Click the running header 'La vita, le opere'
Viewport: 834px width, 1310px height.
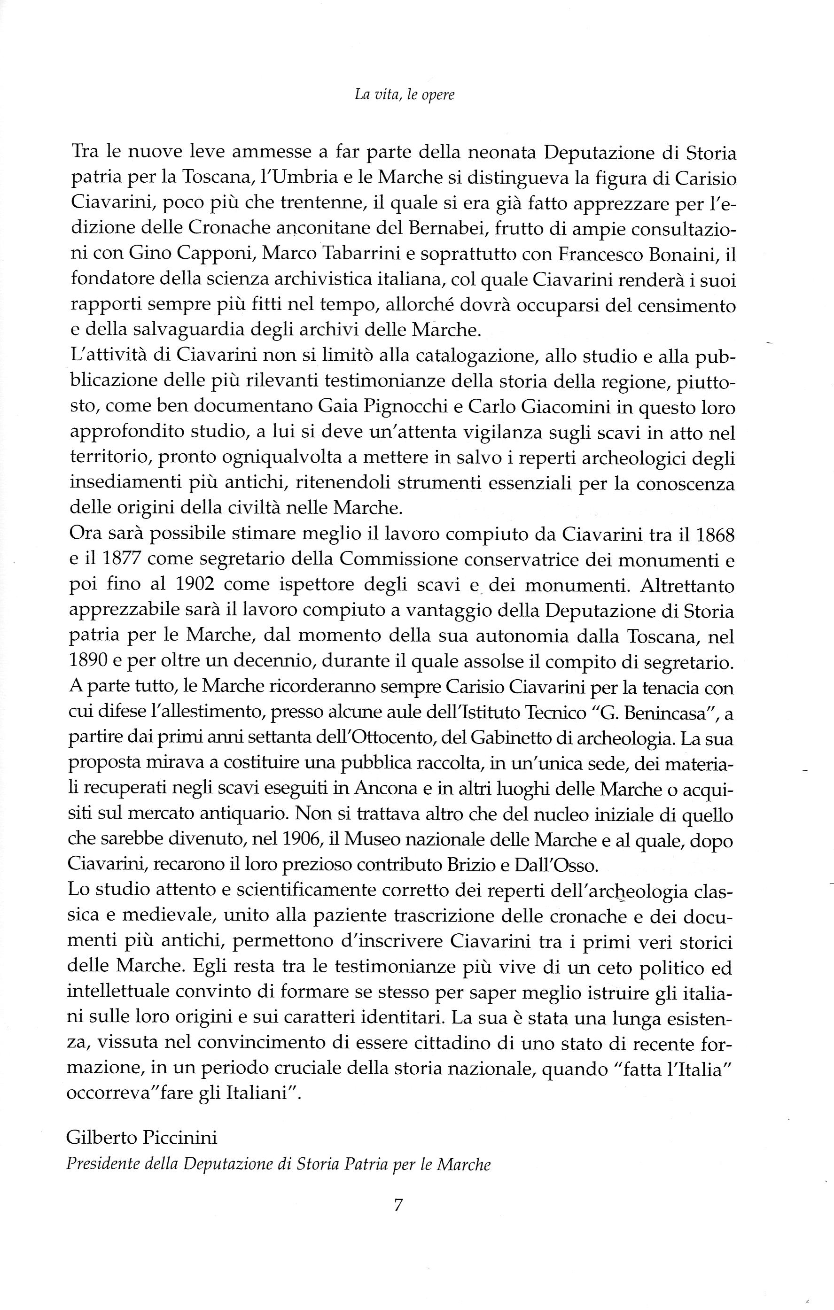pyautogui.click(x=404, y=95)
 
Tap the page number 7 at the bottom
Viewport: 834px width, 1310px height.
pyautogui.click(x=398, y=1205)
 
